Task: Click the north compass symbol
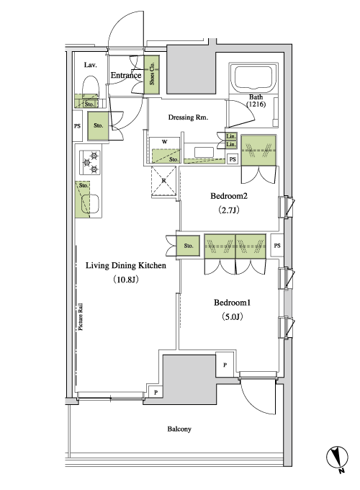point(337,458)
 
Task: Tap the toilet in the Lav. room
point(91,88)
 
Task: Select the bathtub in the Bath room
point(253,78)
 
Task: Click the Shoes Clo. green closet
point(152,74)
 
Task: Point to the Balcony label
point(179,429)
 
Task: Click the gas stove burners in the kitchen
point(90,162)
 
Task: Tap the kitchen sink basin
point(90,203)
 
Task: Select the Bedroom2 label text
point(229,196)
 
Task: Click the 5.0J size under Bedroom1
point(233,317)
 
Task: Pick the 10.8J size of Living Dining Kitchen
point(126,280)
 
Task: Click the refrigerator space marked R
point(163,181)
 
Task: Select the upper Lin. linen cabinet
point(231,136)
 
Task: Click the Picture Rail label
point(81,316)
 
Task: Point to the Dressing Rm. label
point(188,117)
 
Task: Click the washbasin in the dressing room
point(204,153)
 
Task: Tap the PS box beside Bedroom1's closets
point(277,246)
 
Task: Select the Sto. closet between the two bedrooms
point(188,246)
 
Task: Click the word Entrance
point(126,76)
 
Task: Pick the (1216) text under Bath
point(256,104)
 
